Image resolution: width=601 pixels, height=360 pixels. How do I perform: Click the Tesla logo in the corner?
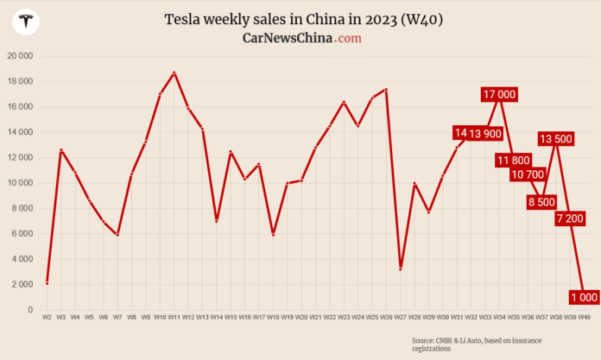[x=28, y=23]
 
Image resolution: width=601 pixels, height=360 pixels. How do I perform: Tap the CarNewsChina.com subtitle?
[x=301, y=38]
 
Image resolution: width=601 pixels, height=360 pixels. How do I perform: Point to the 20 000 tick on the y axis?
[x=19, y=56]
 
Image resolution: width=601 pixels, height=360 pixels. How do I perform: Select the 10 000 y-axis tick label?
[x=19, y=183]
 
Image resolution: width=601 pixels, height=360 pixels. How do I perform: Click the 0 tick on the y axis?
[x=29, y=310]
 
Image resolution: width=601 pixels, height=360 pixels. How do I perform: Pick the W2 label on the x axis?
[x=47, y=318]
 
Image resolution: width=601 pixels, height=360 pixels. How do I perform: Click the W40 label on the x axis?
[x=584, y=318]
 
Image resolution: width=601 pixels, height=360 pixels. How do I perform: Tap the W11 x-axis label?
[x=174, y=318]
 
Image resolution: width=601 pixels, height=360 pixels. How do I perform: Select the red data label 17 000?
[x=500, y=95]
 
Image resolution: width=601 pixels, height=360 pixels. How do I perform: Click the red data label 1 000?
[x=584, y=297]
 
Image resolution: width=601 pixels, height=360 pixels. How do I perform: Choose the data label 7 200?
[x=570, y=218]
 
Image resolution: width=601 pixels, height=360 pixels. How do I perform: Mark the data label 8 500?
[x=541, y=202]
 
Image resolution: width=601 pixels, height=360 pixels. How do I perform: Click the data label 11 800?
[x=514, y=161]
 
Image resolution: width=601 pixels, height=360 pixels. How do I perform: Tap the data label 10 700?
[x=528, y=174]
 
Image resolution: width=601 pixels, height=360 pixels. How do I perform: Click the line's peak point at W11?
[x=174, y=73]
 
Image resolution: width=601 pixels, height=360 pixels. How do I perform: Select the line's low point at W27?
[x=400, y=268]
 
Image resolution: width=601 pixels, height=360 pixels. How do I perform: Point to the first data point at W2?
[x=47, y=282]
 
